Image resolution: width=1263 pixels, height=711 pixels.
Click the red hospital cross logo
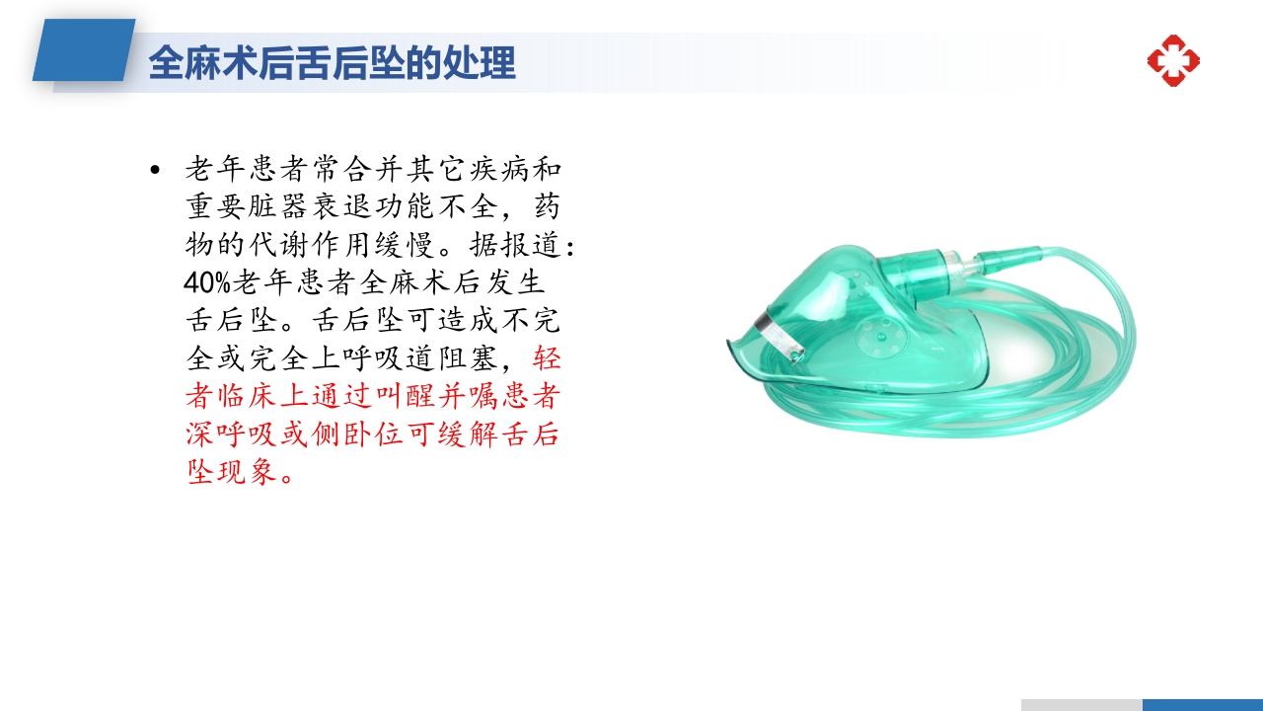1173,60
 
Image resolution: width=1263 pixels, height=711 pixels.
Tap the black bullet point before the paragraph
154,171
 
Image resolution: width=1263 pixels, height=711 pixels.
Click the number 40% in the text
206,283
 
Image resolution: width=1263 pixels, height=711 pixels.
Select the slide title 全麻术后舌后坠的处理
332,63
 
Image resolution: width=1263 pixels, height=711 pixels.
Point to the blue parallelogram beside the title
85,50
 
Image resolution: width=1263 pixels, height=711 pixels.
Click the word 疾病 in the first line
499,169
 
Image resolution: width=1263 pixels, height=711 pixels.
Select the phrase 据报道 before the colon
516,245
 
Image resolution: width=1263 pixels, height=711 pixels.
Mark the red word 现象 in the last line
250,473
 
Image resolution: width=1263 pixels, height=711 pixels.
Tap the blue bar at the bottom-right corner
1202,704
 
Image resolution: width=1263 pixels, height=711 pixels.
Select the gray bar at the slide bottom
1081,704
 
